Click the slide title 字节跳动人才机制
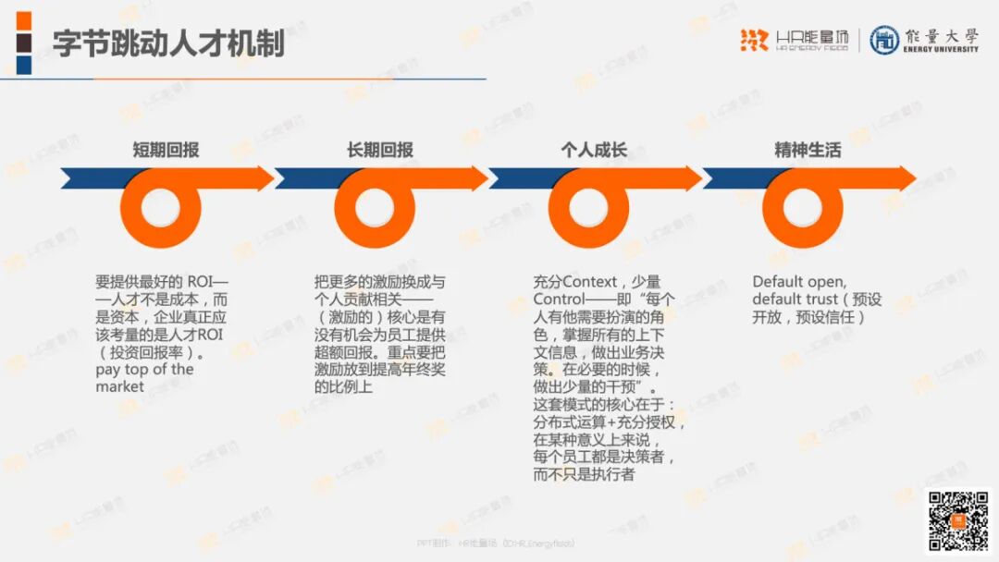(x=167, y=43)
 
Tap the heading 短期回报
(x=166, y=150)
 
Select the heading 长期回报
(x=380, y=150)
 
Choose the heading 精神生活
(x=808, y=150)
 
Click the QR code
(x=958, y=520)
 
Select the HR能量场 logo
(x=794, y=40)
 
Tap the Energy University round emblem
(x=884, y=40)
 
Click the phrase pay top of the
(x=144, y=370)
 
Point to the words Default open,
(x=799, y=282)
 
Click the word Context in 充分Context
(x=592, y=282)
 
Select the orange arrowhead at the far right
(x=901, y=178)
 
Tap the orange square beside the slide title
(x=24, y=20)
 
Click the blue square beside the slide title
(x=24, y=65)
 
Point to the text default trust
(x=794, y=299)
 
